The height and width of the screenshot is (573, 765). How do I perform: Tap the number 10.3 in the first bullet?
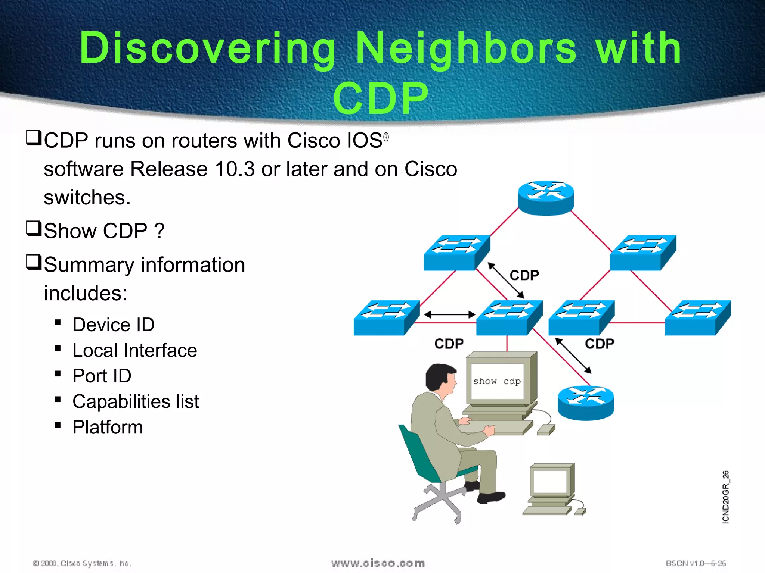[235, 169]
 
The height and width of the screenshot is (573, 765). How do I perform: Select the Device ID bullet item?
[113, 325]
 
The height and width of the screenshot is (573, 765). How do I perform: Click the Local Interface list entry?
[134, 350]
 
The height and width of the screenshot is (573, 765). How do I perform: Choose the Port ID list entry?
[102, 376]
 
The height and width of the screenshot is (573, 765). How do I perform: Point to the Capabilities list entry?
[136, 401]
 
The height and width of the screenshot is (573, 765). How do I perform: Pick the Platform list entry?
[108, 427]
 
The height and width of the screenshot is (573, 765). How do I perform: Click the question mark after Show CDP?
[159, 231]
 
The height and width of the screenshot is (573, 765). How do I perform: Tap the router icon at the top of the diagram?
[546, 198]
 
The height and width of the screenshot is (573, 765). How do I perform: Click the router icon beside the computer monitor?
[585, 403]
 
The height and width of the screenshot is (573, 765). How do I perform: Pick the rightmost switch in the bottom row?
[697, 317]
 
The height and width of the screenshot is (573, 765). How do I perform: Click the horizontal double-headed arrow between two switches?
[449, 315]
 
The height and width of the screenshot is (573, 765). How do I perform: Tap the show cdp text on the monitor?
[497, 381]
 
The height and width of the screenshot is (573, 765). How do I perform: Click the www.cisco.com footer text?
[378, 563]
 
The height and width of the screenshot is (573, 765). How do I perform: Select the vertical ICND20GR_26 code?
[725, 497]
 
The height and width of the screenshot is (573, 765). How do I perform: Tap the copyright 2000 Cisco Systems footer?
[82, 563]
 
